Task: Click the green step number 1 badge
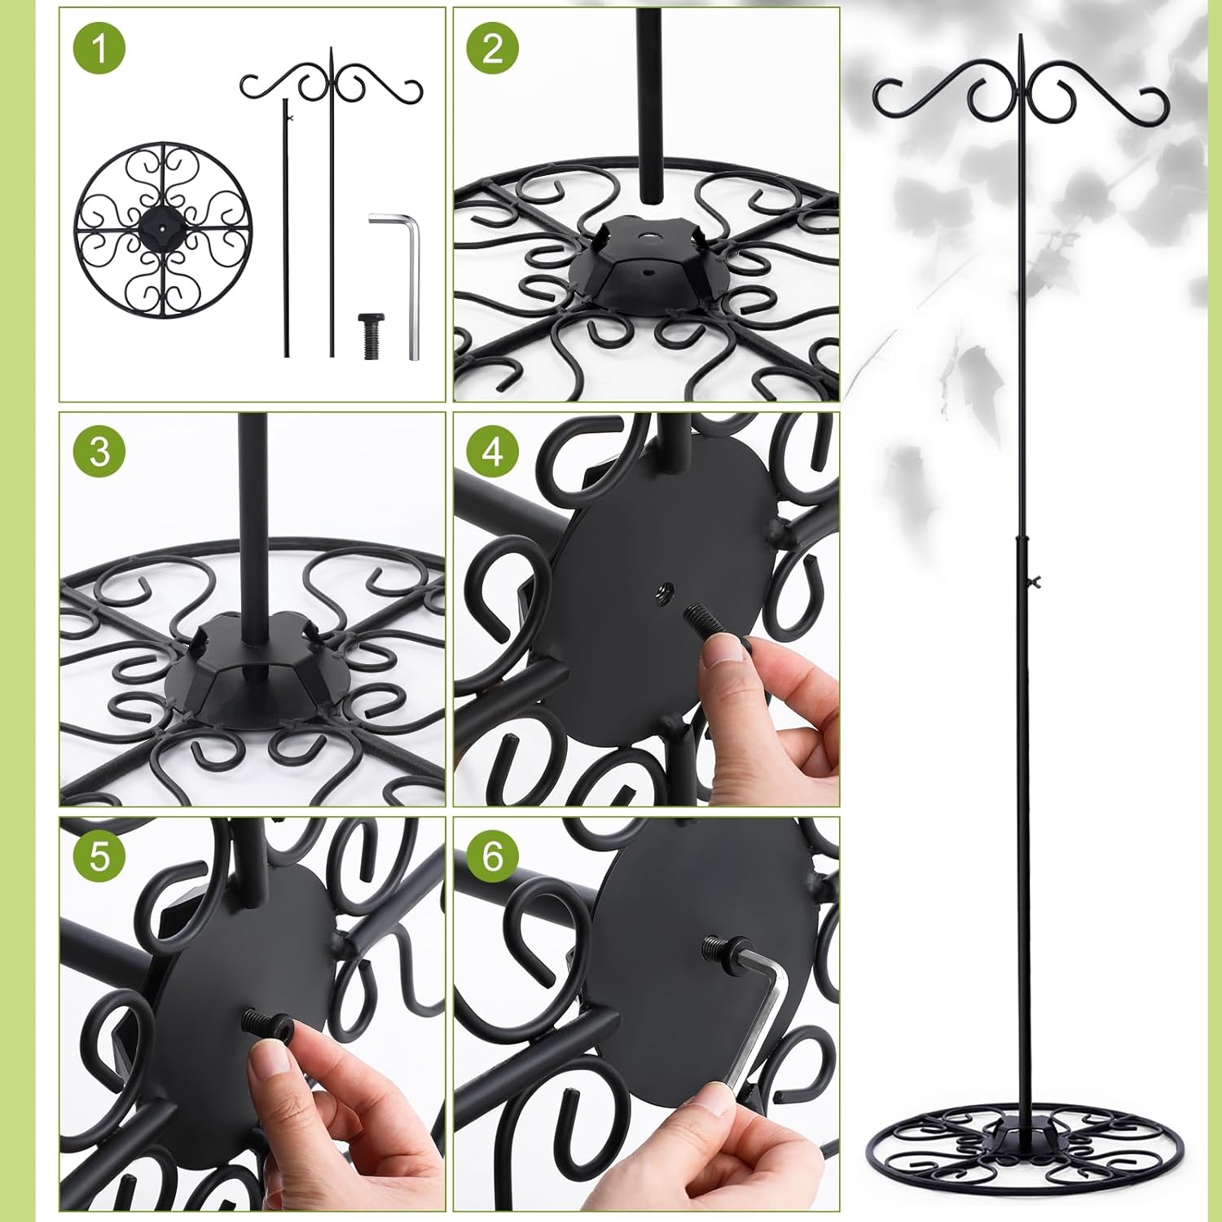(x=99, y=49)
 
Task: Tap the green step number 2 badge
(x=492, y=49)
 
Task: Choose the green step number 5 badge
(x=99, y=856)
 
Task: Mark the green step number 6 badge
(x=492, y=856)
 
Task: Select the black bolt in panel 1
(x=371, y=335)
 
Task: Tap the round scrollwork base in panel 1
(x=160, y=231)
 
